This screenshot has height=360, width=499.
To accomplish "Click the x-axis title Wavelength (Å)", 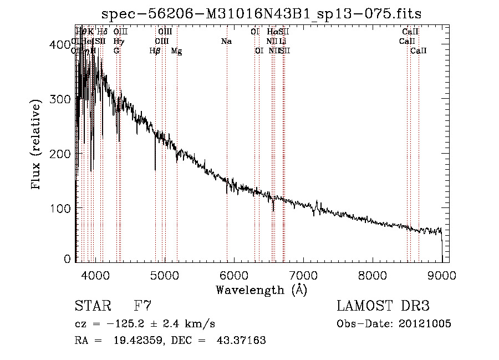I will coord(261,290).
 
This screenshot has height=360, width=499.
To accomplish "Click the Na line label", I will coord(226,42).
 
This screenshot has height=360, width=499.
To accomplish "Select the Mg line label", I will coord(176,51).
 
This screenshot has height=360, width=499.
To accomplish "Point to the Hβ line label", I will coord(155,51).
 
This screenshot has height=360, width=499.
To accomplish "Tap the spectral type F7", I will coord(143,306).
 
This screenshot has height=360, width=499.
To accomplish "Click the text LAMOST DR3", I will coord(383,306).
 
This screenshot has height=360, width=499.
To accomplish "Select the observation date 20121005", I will coord(425,324).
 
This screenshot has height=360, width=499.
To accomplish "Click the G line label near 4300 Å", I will coord(116,51).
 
